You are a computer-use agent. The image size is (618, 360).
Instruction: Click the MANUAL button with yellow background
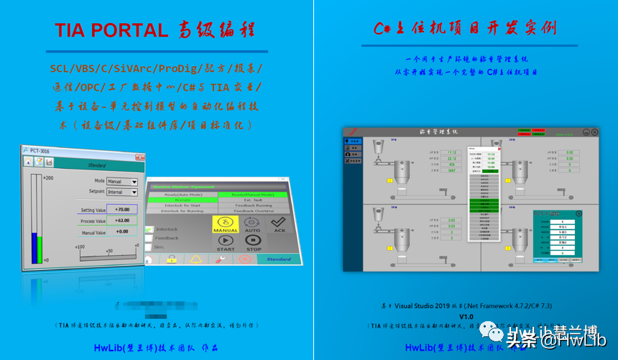pyautogui.click(x=226, y=226)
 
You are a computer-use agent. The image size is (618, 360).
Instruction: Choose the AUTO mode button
pyautogui.click(x=252, y=226)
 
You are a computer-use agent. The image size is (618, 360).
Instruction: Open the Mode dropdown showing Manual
pyautogui.click(x=122, y=182)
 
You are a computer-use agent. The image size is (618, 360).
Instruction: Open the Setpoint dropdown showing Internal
pyautogui.click(x=122, y=193)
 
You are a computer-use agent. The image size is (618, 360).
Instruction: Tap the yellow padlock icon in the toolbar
pyautogui.click(x=171, y=259)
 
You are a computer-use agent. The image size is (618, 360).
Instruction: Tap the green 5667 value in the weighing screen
pyautogui.click(x=452, y=170)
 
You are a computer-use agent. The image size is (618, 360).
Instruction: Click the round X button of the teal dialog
pyautogui.click(x=579, y=213)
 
